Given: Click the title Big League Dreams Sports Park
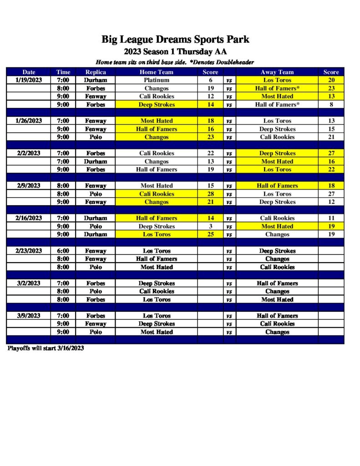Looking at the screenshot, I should (175, 40).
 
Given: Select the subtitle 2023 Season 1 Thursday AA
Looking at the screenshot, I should (175, 52).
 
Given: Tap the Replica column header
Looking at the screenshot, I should (96, 72).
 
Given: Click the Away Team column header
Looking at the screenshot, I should (277, 72).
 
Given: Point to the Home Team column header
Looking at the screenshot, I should (156, 72).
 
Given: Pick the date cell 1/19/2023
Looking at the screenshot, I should (29, 80).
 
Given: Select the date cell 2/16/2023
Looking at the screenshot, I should (29, 218).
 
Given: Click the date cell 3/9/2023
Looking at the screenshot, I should (29, 315).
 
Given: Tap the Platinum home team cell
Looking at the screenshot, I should (156, 80).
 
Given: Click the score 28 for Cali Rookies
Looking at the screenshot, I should (210, 194).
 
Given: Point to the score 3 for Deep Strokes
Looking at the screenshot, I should (210, 226).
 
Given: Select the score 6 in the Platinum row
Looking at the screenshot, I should (210, 80).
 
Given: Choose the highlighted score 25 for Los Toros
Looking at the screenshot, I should (210, 234).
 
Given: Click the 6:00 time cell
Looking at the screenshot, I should (63, 251).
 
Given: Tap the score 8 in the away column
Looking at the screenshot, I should (331, 104).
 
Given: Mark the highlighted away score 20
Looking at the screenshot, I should (331, 80).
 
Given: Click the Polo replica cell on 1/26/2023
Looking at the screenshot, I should (96, 137).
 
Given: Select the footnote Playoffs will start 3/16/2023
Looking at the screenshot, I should (46, 349).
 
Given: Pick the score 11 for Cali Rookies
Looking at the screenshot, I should (331, 218).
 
